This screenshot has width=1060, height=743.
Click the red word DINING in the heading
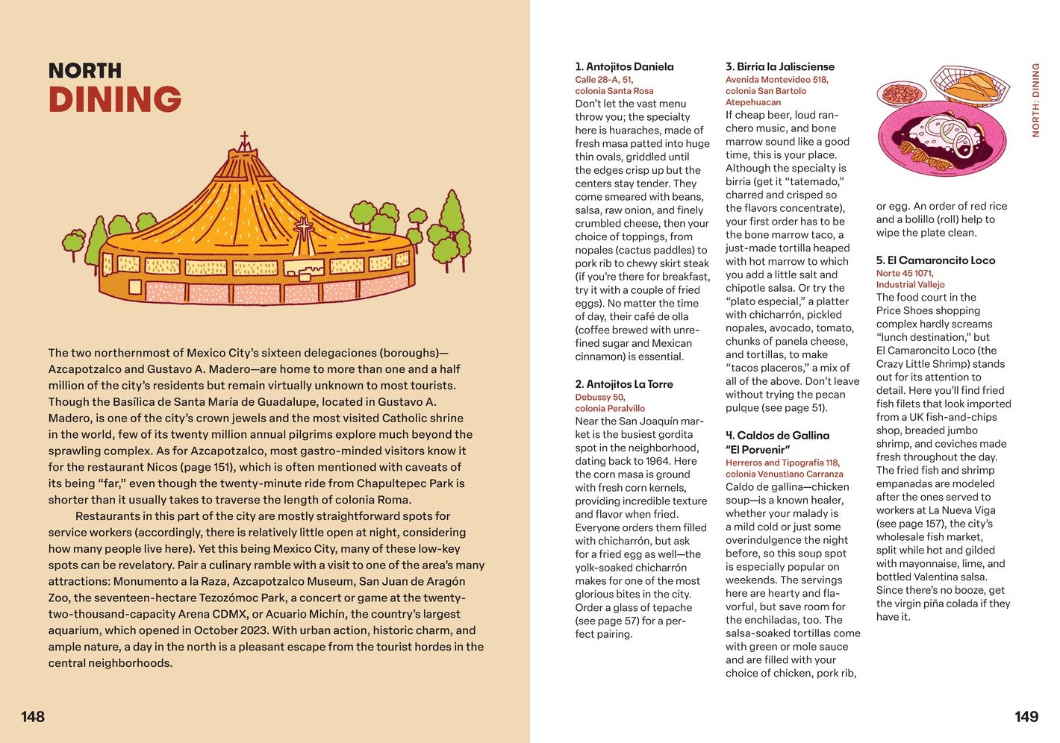[115, 99]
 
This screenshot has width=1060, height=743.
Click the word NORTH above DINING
[85, 71]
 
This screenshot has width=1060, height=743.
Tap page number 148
[33, 717]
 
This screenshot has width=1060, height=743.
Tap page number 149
[1026, 717]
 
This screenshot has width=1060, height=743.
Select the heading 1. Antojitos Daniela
[624, 66]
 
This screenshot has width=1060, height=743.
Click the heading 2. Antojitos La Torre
[624, 384]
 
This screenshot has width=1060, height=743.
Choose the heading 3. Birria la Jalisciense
[779, 66]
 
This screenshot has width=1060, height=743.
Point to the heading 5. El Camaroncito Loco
[935, 260]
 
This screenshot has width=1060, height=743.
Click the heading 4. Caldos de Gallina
[777, 436]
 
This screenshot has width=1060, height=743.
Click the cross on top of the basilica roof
[243, 140]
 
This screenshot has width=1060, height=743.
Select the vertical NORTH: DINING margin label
[1035, 100]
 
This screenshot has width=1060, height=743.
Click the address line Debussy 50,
[600, 398]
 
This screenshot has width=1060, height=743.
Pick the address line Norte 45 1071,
[904, 274]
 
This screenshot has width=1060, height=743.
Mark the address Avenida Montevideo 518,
[776, 80]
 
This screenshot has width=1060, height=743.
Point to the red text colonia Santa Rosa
[614, 91]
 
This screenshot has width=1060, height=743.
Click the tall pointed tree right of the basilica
[452, 213]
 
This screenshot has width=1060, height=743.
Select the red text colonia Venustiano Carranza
[784, 474]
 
